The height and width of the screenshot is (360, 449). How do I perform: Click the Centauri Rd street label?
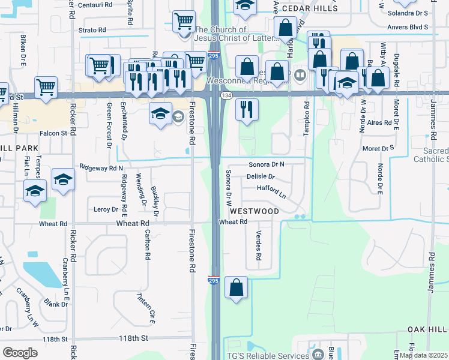95,5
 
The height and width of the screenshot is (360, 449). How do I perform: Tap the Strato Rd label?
92,29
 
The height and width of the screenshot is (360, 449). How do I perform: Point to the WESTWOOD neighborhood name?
255,211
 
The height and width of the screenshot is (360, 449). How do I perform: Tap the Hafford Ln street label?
271,190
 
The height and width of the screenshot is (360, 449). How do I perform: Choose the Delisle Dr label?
261,177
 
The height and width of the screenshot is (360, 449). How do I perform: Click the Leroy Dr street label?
106,209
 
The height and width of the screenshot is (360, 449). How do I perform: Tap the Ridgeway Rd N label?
101,168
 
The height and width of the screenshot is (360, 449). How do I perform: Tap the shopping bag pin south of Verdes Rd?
237,287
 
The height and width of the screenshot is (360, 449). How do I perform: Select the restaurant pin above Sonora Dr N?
247,109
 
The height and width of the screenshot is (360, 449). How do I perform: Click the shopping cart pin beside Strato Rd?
184,22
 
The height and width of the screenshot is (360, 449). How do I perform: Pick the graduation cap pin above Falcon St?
160,114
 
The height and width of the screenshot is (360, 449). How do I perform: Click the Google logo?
20,353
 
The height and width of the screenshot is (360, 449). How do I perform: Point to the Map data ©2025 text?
423,355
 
